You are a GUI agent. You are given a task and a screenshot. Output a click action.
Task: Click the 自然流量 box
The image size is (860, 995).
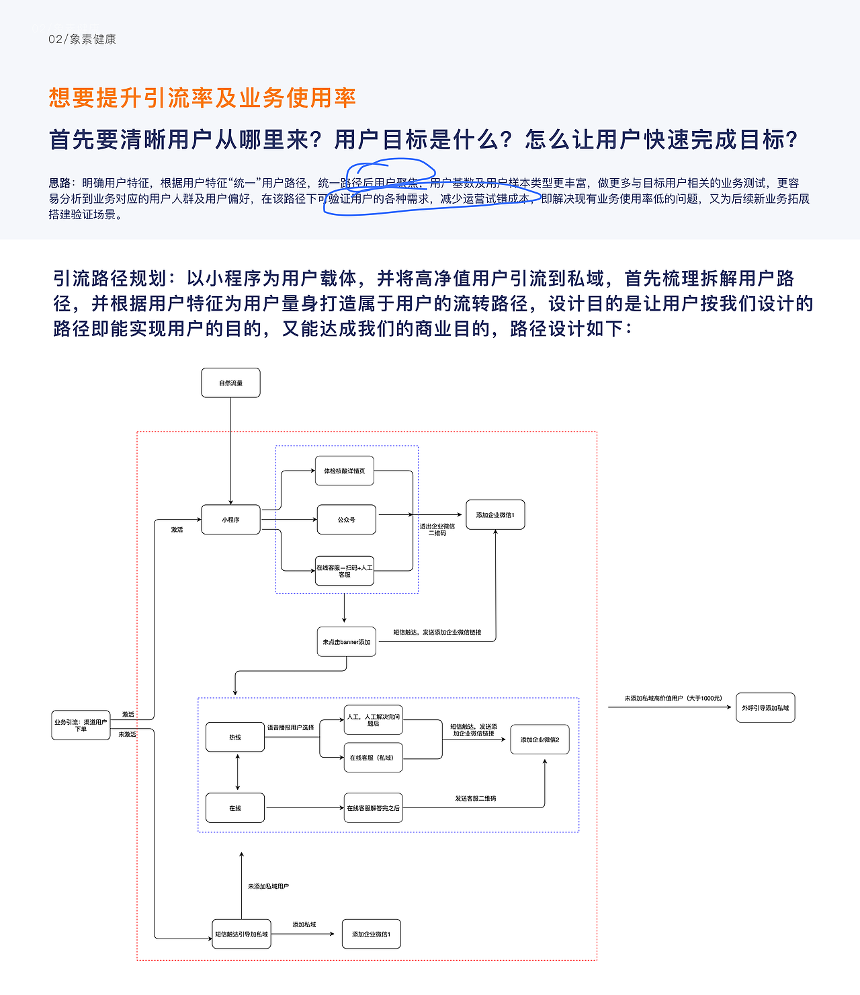coord(230,383)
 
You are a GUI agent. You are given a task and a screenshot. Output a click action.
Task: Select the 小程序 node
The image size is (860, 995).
coord(230,520)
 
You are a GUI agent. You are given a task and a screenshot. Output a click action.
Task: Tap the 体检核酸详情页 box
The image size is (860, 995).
coord(345,471)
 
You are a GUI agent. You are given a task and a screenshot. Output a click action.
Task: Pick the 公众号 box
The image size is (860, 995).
coord(346,520)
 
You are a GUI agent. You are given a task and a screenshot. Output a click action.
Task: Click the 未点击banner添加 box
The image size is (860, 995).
coord(346,642)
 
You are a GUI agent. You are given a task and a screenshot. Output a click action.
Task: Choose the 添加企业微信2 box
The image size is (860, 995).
coord(540,740)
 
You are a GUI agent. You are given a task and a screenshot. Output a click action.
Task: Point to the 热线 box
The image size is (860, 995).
coord(235,738)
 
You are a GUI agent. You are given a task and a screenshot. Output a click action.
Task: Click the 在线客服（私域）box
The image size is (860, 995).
coord(373,758)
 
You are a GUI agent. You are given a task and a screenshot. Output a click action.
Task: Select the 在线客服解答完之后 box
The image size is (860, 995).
coord(373,808)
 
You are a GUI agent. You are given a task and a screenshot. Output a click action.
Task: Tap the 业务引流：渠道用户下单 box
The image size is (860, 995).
coord(81,725)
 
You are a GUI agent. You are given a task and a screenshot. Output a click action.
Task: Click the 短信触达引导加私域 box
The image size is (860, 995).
coord(241,934)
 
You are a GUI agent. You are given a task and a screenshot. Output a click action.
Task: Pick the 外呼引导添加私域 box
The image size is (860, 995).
coord(765,708)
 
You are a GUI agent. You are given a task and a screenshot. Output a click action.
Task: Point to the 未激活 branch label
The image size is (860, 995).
coord(127,734)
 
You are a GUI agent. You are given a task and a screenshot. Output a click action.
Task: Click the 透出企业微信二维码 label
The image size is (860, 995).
coord(437,530)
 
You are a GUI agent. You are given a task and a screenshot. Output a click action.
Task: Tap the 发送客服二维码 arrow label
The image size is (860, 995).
coord(475,799)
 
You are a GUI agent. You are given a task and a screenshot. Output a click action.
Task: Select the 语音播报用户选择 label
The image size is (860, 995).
coord(290,727)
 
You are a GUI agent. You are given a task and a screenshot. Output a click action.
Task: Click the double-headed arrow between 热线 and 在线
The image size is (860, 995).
coord(238,772)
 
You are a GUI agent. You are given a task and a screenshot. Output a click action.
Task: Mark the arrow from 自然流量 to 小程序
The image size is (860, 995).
coord(230,450)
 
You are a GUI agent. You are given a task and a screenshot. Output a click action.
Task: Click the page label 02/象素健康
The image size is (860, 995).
coord(82,39)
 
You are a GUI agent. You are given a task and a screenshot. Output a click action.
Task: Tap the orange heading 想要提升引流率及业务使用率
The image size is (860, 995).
coord(202,98)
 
